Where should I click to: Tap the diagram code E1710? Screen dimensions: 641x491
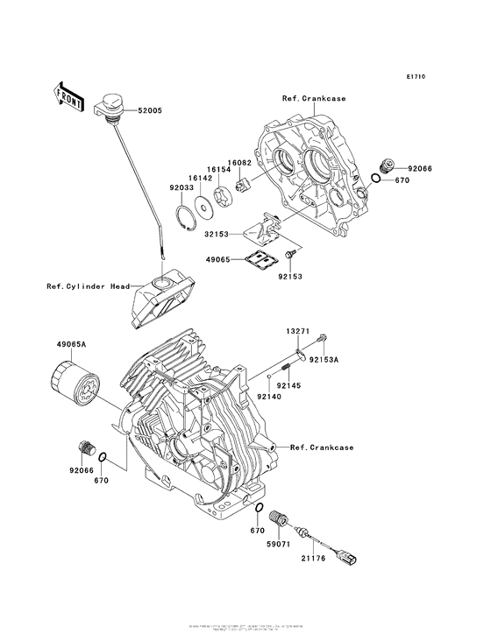[416, 77]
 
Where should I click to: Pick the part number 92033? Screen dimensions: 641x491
[181, 186]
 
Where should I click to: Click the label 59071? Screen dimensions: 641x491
[277, 544]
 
